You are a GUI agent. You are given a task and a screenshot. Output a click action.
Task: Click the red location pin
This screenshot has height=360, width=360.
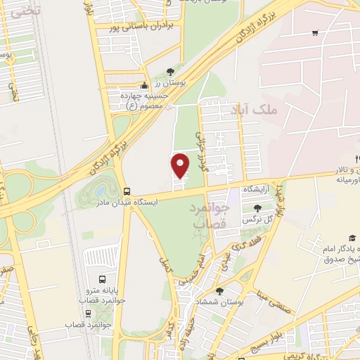coord(180,166)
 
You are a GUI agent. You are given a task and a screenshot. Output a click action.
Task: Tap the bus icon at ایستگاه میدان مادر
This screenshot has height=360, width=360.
coord(127,191)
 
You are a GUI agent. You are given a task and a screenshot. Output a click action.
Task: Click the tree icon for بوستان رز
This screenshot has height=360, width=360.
coord(171,72)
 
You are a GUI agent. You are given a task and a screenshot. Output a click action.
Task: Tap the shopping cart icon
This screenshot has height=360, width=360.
coord(314,32)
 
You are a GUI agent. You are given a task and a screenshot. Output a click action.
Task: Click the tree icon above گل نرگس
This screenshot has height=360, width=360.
coord(257,208)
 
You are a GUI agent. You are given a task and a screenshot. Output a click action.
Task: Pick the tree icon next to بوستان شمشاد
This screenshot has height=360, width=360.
coord(219,291)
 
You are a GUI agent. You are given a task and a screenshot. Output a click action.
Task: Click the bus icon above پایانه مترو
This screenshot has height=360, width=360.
coord(103,278)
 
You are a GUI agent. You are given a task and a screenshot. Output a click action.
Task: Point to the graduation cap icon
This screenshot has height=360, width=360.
coord(352,238)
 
